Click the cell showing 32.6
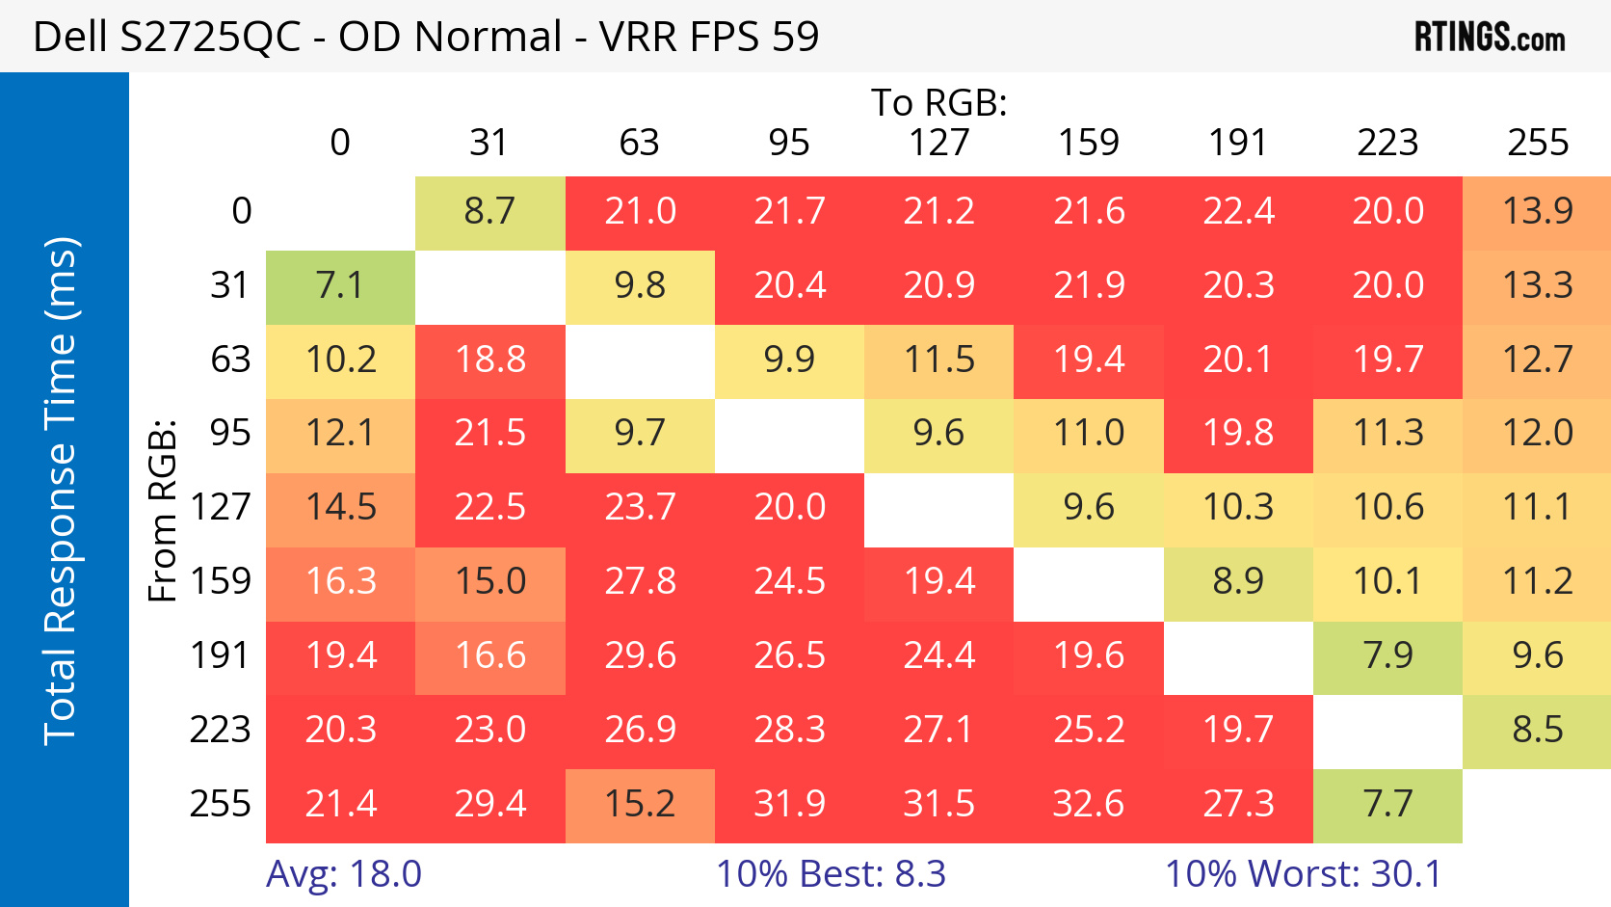point(1088,804)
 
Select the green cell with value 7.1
point(340,285)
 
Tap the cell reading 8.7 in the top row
point(489,211)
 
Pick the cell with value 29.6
point(640,656)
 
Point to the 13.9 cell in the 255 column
point(1537,211)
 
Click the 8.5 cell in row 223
point(1537,730)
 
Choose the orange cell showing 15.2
point(640,804)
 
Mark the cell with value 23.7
point(640,508)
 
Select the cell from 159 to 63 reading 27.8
point(640,582)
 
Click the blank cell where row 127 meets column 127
point(938,508)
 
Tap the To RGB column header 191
point(1238,143)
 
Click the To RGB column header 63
point(639,143)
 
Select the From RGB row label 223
point(220,730)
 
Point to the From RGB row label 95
point(230,433)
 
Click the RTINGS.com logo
point(1489,38)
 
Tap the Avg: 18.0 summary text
point(344,874)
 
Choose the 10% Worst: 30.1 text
point(1303,874)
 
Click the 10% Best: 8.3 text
point(831,874)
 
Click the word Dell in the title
point(70,37)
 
